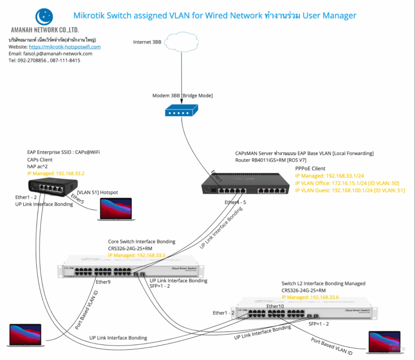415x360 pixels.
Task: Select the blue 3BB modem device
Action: point(182,110)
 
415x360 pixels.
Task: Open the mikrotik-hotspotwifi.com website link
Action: point(64,47)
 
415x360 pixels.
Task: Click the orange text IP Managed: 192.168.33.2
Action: point(56,173)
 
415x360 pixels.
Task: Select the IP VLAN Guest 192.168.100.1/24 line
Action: point(350,191)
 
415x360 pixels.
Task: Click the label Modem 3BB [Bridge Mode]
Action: point(182,96)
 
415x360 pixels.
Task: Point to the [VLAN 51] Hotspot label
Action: point(97,192)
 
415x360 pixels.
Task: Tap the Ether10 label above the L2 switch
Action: point(275,306)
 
